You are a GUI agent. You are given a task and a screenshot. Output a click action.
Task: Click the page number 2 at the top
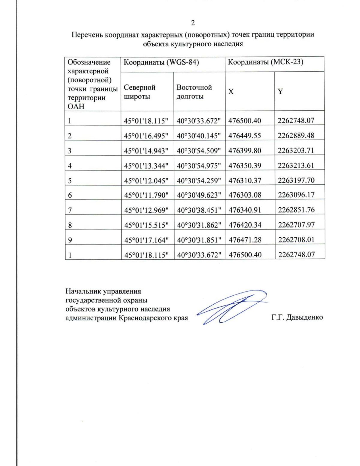click(193, 23)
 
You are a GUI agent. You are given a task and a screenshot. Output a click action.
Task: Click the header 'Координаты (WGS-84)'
click(161, 62)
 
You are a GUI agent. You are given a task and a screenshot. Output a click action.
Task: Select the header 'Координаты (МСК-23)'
click(266, 62)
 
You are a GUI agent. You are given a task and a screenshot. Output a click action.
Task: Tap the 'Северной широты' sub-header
click(139, 92)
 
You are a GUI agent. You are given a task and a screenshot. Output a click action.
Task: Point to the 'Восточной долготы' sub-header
click(194, 92)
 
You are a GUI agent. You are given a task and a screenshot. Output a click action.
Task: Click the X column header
click(231, 92)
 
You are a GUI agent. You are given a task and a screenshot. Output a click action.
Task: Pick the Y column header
click(280, 92)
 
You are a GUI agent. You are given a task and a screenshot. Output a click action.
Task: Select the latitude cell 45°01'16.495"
click(146, 136)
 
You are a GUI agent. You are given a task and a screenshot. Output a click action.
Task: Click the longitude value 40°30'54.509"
click(199, 151)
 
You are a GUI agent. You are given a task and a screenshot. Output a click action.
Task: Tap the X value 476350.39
click(245, 166)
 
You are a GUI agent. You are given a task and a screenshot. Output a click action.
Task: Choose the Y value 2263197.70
click(296, 180)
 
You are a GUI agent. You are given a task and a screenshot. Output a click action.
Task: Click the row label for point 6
click(70, 195)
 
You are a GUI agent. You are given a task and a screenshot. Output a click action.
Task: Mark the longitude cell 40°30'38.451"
click(199, 210)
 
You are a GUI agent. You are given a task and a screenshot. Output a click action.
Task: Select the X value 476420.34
click(245, 225)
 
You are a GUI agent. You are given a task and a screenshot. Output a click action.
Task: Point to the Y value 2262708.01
click(296, 239)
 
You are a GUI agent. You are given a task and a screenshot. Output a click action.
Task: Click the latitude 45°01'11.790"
click(146, 195)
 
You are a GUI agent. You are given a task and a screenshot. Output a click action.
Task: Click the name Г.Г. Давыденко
click(297, 317)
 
